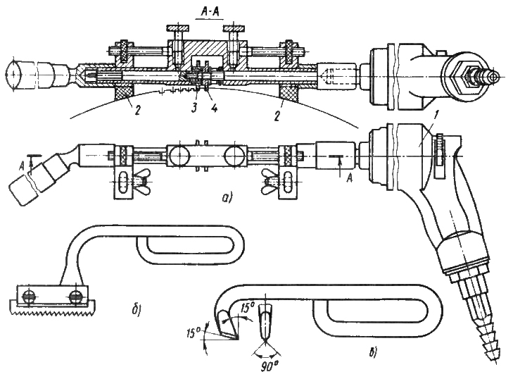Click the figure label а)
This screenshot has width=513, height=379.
pyautogui.click(x=227, y=197)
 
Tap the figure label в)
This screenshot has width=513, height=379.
pyautogui.click(x=373, y=353)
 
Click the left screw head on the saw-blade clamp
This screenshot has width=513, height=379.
pyautogui.click(x=28, y=297)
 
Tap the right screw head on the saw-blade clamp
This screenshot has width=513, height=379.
pyautogui.click(x=76, y=297)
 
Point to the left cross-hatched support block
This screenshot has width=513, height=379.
pyautogui.click(x=123, y=92)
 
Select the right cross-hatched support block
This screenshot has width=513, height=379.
pyautogui.click(x=289, y=92)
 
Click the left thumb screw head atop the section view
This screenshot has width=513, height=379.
pyautogui.click(x=177, y=28)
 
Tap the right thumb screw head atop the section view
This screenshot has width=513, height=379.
pyautogui.click(x=234, y=28)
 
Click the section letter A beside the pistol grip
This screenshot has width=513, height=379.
pyautogui.click(x=350, y=178)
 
